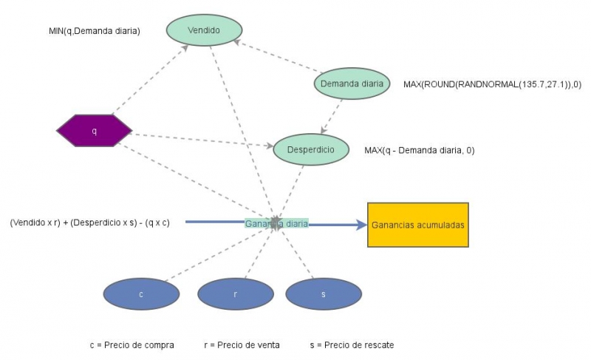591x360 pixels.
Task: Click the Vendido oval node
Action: tap(204, 30)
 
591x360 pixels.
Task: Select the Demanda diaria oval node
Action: tap(352, 84)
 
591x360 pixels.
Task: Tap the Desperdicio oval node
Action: tap(310, 150)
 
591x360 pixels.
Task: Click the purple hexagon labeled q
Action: tap(94, 131)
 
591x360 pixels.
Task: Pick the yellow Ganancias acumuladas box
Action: tap(417, 225)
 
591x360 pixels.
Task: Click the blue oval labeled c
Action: tap(141, 294)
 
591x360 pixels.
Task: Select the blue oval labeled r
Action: tap(235, 294)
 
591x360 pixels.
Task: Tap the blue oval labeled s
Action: tap(323, 294)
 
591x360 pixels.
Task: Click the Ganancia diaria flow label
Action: tap(276, 223)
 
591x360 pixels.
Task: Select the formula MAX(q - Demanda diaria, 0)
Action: tap(419, 150)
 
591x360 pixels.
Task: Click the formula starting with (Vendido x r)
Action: tap(89, 222)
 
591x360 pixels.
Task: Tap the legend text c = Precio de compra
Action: tap(131, 345)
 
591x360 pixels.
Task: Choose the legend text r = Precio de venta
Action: tap(242, 345)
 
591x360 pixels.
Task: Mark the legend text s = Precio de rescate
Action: tap(352, 345)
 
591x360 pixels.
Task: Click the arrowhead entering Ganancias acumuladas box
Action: tap(361, 225)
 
